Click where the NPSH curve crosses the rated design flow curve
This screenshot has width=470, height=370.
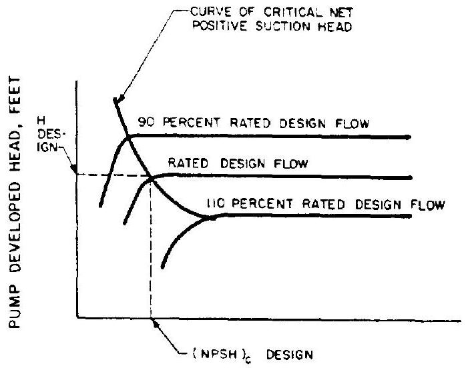pyautogui.click(x=152, y=177)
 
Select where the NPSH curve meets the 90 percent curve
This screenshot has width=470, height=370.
pyautogui.click(x=128, y=138)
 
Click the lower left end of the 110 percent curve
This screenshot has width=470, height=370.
pyautogui.click(x=163, y=267)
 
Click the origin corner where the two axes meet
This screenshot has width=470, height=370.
pyautogui.click(x=78, y=317)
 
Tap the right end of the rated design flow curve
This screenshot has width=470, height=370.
pyautogui.click(x=409, y=178)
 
